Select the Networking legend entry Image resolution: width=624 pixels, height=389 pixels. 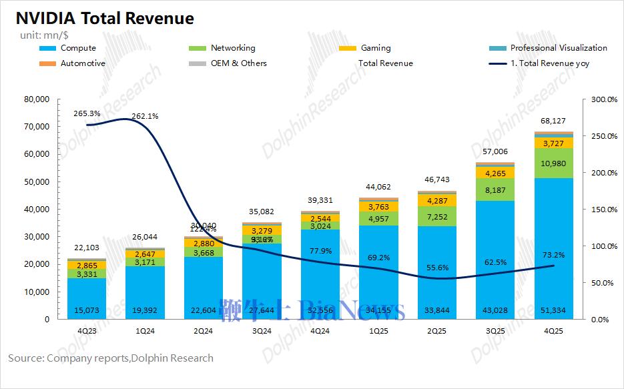click(232, 48)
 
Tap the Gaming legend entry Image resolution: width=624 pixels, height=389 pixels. click(375, 48)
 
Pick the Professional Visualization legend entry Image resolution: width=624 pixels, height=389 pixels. click(558, 48)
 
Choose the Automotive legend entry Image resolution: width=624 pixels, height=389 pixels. click(82, 63)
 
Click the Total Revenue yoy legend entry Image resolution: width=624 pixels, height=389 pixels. click(548, 63)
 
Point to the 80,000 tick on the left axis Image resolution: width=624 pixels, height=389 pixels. click(37, 99)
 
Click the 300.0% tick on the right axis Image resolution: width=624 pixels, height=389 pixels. click(604, 99)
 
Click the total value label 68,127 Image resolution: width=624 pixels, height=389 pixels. click(553, 121)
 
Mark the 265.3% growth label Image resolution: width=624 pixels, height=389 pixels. click(87, 114)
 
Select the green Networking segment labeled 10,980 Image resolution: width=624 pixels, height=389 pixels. click(553, 164)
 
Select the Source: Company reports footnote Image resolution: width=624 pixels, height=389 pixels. click(111, 358)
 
